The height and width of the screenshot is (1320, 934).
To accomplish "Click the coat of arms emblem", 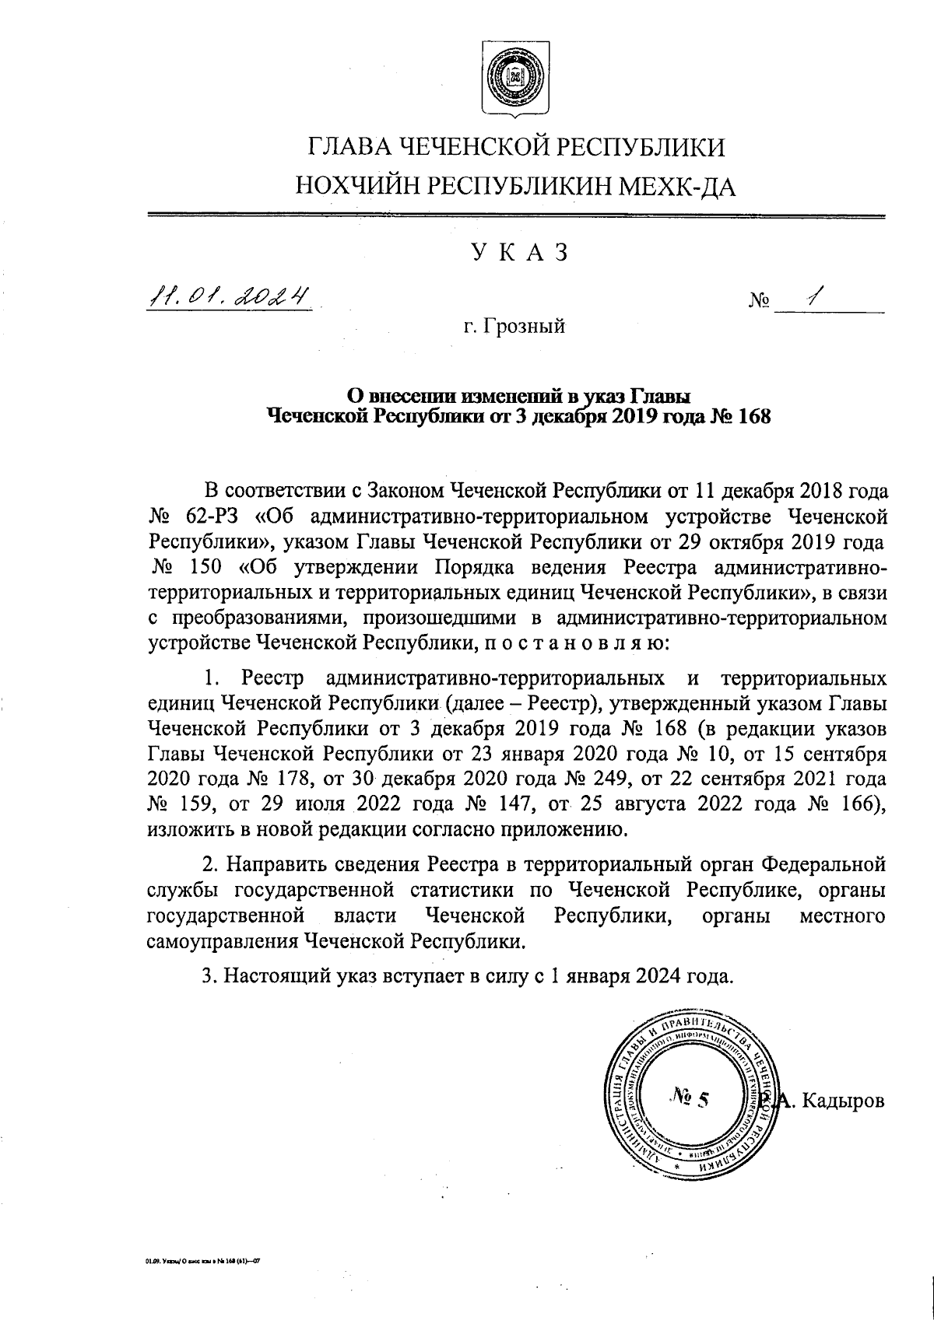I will point(513,80).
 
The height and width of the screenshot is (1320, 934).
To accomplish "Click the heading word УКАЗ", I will point(514,254).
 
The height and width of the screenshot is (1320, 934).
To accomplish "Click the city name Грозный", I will point(526,327).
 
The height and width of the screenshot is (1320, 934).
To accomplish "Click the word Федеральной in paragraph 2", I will point(823,865).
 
